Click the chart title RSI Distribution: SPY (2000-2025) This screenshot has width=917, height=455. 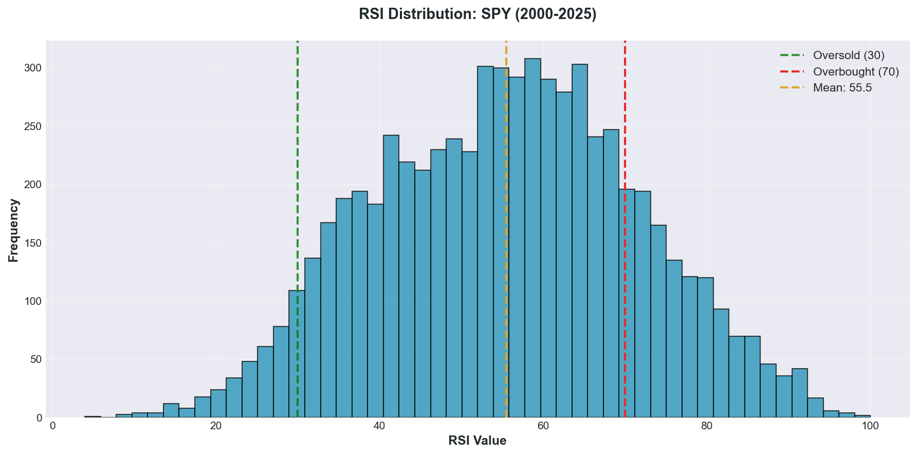[478, 14]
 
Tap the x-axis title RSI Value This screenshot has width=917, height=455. [478, 441]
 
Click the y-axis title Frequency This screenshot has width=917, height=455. [14, 230]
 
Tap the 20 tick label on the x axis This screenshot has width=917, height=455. [216, 426]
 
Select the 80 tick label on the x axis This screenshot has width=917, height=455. [707, 426]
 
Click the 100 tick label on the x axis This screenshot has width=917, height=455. [870, 426]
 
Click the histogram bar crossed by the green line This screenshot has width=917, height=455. [297, 355]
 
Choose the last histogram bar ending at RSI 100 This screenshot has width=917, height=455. [862, 416]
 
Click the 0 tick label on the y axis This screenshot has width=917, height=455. [40, 418]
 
